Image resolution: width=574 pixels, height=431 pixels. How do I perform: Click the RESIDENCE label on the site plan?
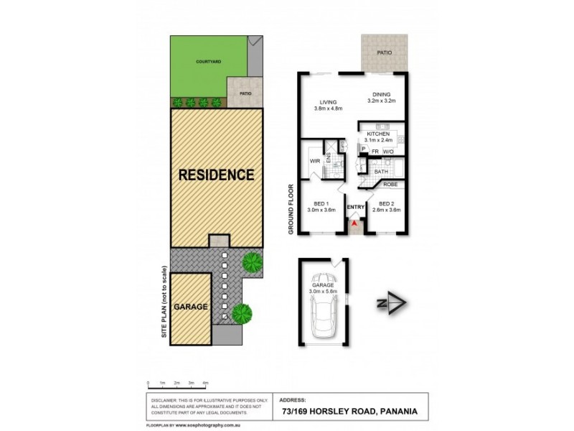[x=216, y=175]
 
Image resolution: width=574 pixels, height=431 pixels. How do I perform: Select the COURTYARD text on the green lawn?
[x=209, y=62]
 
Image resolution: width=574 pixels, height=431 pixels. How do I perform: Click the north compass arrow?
[x=391, y=303]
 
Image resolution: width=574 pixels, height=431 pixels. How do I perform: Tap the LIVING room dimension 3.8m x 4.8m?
[x=329, y=108]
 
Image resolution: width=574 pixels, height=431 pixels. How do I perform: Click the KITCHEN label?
[x=378, y=134]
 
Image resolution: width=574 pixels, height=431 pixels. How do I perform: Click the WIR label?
[x=314, y=161]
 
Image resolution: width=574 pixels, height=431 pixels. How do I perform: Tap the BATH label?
[x=381, y=172]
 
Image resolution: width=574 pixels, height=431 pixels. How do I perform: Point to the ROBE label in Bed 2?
[x=390, y=185]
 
